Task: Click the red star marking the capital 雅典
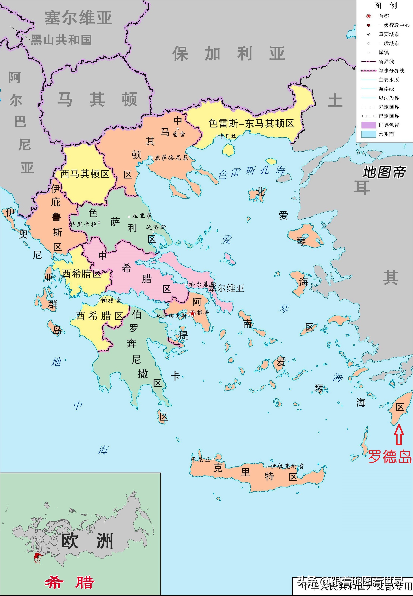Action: point(192,313)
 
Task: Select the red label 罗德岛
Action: point(389,457)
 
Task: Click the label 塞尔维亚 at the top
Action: point(78,18)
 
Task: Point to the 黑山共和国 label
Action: point(61,40)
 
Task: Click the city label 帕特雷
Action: point(111,300)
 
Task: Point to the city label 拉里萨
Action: point(142,216)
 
